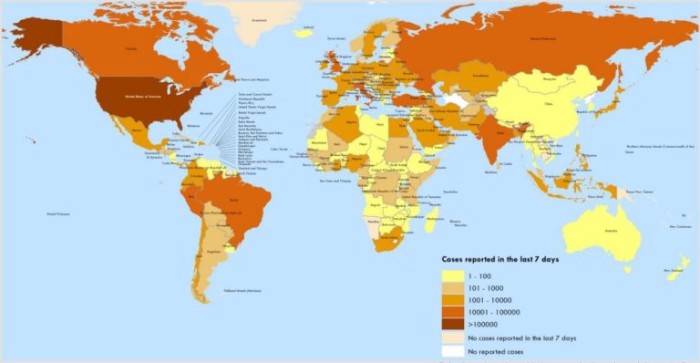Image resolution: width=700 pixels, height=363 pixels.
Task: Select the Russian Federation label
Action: tap(535, 39)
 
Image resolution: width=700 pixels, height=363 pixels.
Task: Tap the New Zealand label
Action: tap(675, 270)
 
